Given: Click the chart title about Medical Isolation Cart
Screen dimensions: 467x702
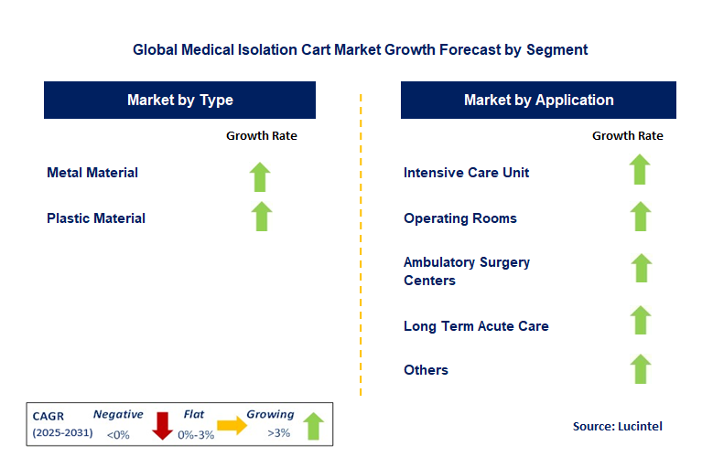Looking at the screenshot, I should [x=360, y=50].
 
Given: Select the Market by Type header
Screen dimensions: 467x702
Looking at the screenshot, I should [x=179, y=101].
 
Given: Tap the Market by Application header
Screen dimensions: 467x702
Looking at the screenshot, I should [x=538, y=101].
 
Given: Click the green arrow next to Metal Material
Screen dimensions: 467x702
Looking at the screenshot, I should [x=262, y=175].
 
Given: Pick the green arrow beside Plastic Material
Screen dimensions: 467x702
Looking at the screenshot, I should [x=262, y=217].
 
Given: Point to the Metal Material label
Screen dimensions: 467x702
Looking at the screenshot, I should [x=92, y=173].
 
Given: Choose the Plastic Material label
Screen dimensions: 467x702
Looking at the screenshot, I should [x=96, y=218].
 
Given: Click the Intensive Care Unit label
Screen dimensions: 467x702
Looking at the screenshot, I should [x=466, y=173].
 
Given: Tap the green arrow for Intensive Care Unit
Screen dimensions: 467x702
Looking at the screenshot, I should [x=640, y=170].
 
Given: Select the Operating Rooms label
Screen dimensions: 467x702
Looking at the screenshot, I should [x=459, y=218].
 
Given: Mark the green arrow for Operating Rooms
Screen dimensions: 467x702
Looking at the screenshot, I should [x=640, y=217].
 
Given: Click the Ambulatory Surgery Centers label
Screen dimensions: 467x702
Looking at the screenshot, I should [x=466, y=271].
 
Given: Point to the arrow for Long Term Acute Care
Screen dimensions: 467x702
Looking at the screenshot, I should [x=640, y=321].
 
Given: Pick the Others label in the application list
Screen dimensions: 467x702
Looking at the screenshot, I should [x=426, y=370].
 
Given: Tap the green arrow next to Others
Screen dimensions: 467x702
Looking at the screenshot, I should [x=640, y=369].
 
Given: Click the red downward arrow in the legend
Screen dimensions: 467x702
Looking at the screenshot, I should [x=163, y=426].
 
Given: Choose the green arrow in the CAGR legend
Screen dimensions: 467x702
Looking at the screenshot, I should [x=313, y=426].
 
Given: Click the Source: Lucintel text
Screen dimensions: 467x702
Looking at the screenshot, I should [x=617, y=426].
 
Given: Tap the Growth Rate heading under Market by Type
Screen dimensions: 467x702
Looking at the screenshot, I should [x=262, y=136].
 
